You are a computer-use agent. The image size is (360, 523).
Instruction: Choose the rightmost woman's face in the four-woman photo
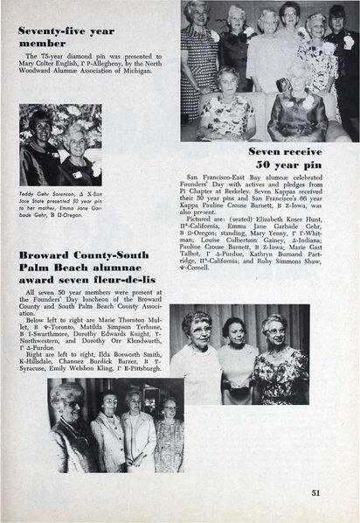(x=168, y=409)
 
